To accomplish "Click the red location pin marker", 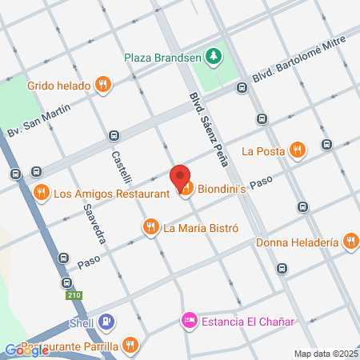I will (180, 177).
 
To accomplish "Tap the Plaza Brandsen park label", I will (162, 57).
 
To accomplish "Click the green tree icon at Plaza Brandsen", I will (213, 56).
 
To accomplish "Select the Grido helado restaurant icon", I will (102, 84).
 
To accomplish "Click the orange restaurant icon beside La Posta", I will (298, 149).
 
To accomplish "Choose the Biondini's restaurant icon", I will (186, 189).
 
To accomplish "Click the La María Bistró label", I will (201, 227).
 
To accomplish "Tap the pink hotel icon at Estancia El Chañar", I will (189, 322).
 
